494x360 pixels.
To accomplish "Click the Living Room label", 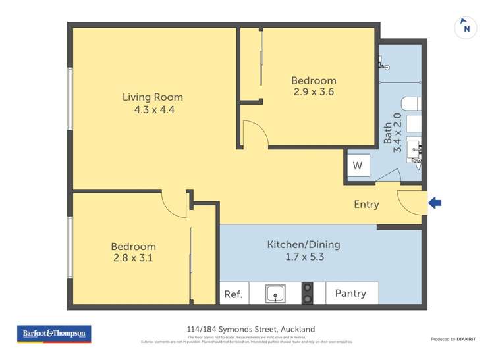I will (x=153, y=97).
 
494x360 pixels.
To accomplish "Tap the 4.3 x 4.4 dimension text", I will (x=153, y=110).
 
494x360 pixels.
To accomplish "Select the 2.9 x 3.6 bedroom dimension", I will (x=314, y=92).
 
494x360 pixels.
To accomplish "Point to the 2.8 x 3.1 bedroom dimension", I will (x=133, y=258).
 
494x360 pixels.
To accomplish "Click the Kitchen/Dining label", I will (x=303, y=245).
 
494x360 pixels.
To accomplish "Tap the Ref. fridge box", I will (x=233, y=294).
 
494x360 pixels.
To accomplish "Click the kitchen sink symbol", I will (x=275, y=294).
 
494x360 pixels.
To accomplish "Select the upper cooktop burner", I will (x=307, y=287).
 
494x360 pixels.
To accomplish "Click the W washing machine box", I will (x=358, y=166).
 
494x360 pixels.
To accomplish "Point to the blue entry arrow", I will (x=435, y=203).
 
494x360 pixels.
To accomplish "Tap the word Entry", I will (x=366, y=205).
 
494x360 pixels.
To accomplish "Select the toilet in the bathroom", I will (x=410, y=104).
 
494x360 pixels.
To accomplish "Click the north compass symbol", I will (x=466, y=28).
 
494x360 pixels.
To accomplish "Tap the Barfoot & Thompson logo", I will (x=54, y=334).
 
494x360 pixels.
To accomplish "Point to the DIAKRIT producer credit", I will (x=453, y=339).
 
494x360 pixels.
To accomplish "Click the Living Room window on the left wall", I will (x=70, y=99).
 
